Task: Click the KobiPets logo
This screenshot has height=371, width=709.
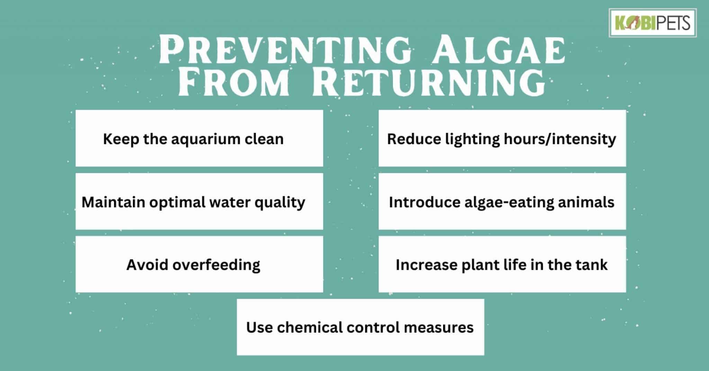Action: pyautogui.click(x=652, y=23)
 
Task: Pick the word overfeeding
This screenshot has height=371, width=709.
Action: pyautogui.click(x=216, y=265)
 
